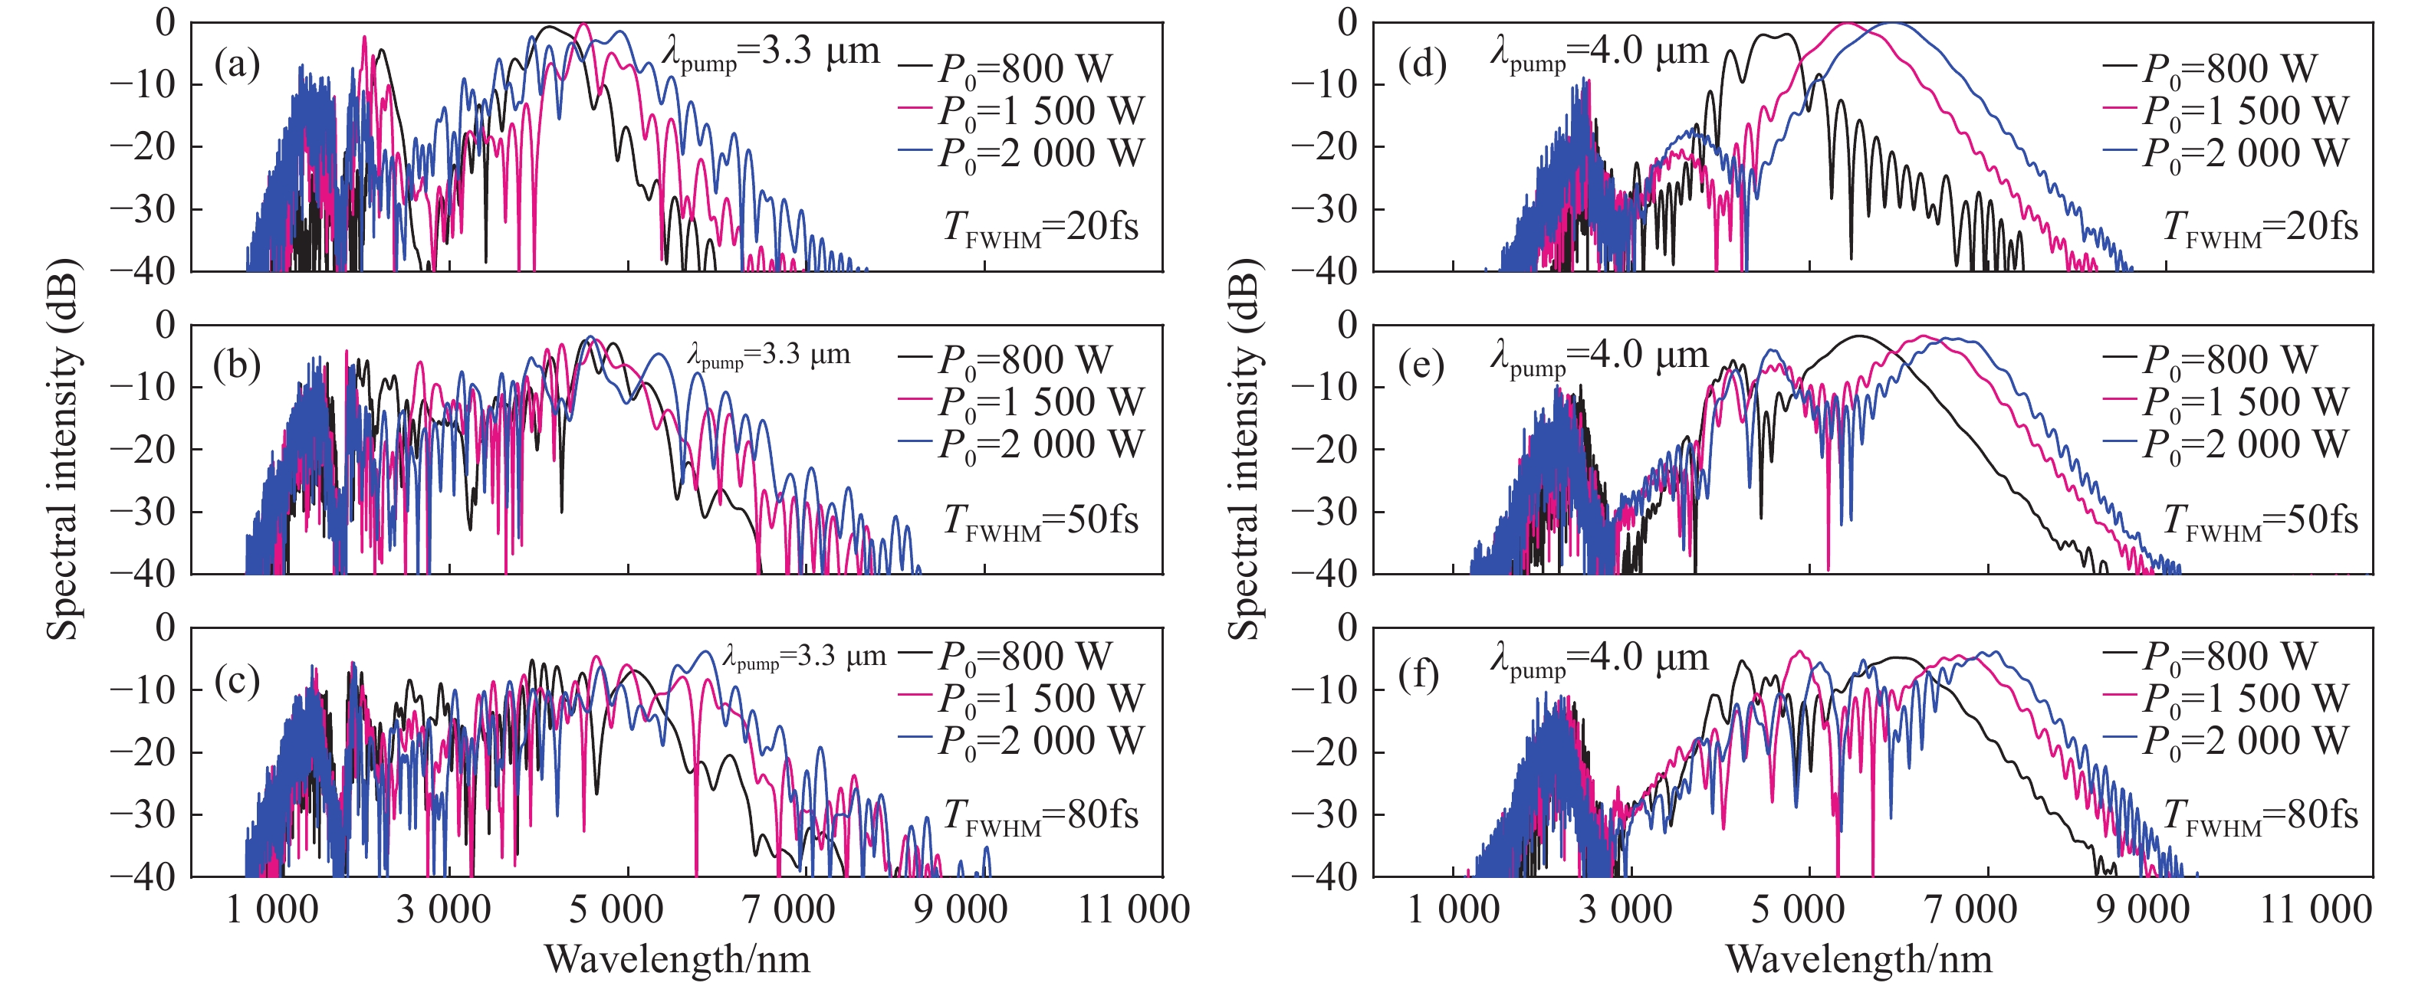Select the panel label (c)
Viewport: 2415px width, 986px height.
pos(236,680)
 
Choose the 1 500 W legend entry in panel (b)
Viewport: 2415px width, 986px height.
pos(1022,402)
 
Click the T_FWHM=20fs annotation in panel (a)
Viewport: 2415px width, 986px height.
pos(1040,228)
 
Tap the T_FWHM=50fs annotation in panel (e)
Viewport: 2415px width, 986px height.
pos(2259,520)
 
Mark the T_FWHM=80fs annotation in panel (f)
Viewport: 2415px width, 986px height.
pos(2259,815)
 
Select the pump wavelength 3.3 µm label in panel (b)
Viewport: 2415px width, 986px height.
pos(769,355)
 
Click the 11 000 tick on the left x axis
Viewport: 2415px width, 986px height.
pos(1133,909)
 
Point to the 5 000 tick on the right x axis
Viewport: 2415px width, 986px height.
pos(1797,909)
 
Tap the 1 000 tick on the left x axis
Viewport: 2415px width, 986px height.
pos(272,909)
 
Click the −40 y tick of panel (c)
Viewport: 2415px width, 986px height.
pos(143,876)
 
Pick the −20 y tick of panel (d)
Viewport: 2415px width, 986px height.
pos(1324,146)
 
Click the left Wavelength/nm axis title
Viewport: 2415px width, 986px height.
pos(677,959)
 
